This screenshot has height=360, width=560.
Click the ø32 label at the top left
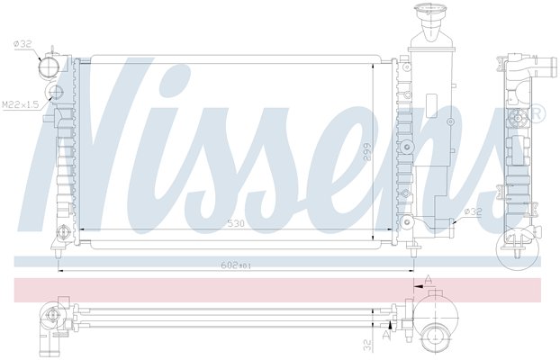23,44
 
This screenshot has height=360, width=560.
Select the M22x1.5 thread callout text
20,104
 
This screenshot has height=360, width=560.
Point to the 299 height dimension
366,151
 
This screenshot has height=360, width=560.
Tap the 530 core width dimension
236,223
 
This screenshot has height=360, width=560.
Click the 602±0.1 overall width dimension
236,265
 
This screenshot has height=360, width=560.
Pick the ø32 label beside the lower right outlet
473,211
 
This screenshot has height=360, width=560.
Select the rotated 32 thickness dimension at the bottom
367,345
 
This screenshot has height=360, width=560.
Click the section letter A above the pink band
429,279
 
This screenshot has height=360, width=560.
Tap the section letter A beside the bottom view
385,335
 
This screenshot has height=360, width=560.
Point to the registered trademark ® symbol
537,113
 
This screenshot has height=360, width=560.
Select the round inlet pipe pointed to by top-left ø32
50,67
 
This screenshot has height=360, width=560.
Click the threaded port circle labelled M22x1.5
56,93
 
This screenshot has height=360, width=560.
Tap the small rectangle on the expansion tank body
432,105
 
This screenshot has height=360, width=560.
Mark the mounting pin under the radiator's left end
58,253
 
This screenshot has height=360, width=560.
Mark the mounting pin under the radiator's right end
413,252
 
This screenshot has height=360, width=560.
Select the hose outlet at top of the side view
546,67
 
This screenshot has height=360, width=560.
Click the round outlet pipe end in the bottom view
435,338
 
